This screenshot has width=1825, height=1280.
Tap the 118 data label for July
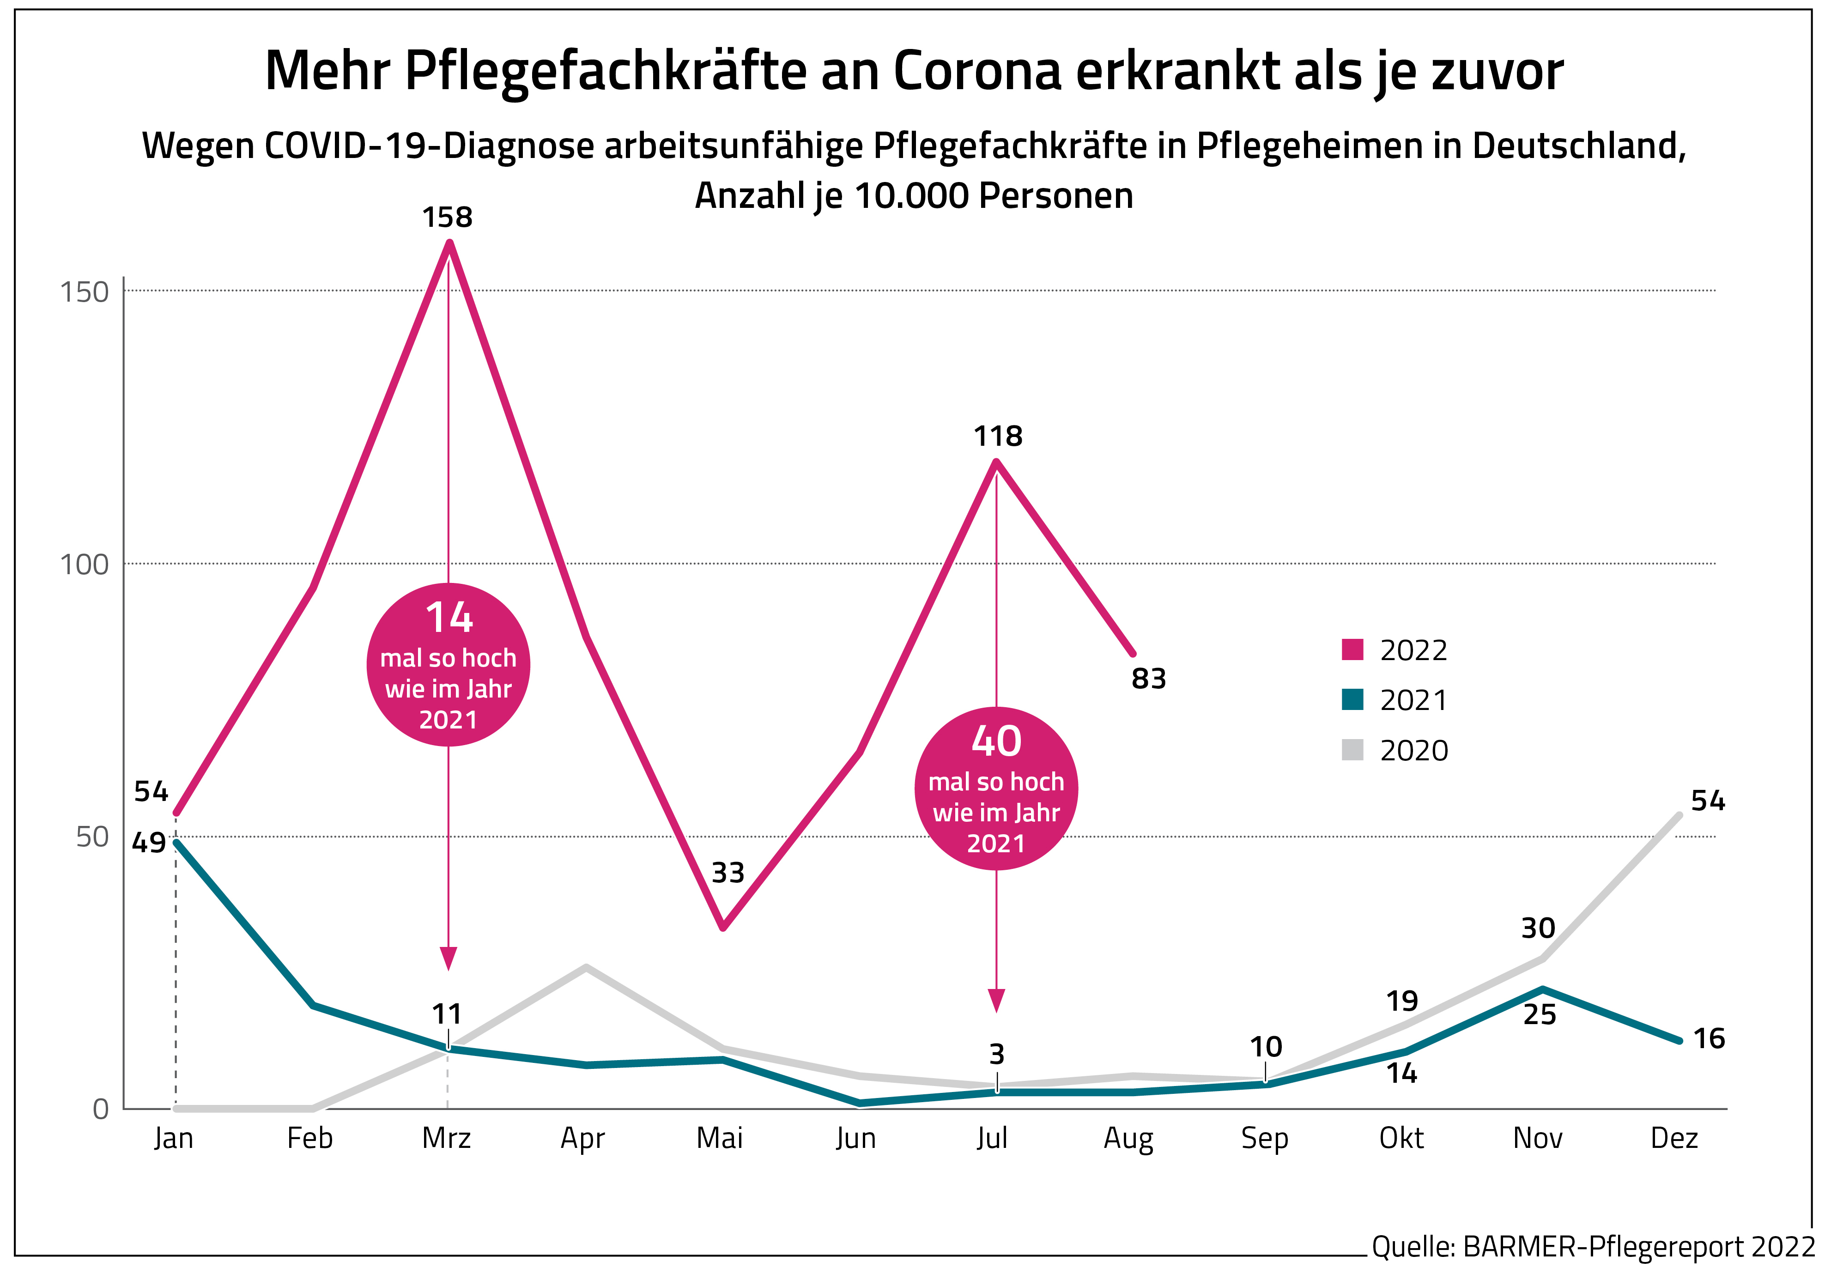point(998,437)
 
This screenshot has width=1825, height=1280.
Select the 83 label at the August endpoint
point(1149,679)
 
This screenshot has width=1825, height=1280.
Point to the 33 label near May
point(728,873)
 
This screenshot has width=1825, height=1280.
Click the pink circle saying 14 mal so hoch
point(449,665)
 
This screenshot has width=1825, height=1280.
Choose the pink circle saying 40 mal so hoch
point(997,788)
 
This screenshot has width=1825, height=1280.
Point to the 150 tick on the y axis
point(84,292)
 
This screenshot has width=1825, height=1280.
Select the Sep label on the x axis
point(1265,1139)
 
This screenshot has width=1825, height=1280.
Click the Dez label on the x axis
point(1674,1139)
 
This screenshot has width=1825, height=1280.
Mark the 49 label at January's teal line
point(149,843)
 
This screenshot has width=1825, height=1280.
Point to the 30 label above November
point(1538,928)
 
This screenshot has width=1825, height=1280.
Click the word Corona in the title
point(978,72)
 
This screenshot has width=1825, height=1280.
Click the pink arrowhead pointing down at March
point(449,959)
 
